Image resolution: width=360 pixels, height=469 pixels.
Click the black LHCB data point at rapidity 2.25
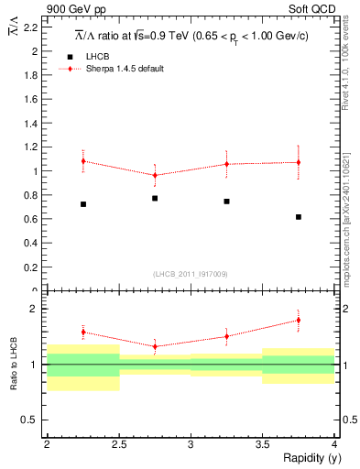tap(83, 204)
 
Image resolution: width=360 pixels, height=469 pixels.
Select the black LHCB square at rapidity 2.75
tap(155, 198)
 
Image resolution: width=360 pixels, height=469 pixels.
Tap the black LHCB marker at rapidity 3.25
tap(226, 201)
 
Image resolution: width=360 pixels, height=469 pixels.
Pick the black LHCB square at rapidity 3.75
tap(299, 217)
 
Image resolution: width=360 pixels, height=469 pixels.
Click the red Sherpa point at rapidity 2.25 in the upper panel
tap(83, 161)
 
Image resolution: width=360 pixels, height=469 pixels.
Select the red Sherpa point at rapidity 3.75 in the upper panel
tap(299, 162)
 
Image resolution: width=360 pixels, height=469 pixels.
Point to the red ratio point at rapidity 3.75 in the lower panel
tap(299, 320)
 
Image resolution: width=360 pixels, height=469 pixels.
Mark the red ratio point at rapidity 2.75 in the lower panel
tap(155, 346)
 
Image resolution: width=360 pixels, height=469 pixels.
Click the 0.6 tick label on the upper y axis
tap(32, 219)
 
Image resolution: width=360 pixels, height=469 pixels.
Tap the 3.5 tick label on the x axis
tap(262, 444)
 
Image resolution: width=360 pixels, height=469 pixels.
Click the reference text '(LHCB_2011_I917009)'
tap(191, 274)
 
